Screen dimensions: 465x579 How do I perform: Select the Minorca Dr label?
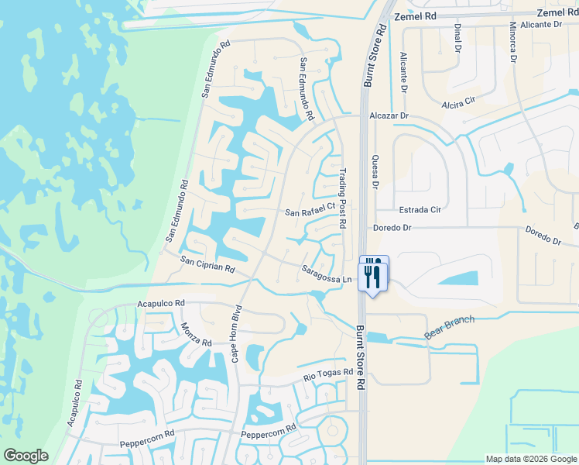pyautogui.click(x=512, y=41)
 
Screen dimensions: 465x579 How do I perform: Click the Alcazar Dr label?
pyautogui.click(x=389, y=115)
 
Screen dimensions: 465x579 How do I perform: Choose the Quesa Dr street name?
pyautogui.click(x=375, y=170)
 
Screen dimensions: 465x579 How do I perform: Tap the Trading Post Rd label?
pyautogui.click(x=342, y=199)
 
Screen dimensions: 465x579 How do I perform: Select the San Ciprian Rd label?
pyautogui.click(x=207, y=265)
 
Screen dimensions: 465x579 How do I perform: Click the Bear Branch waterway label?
pyautogui.click(x=448, y=329)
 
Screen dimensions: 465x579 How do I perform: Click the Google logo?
pyautogui.click(x=26, y=456)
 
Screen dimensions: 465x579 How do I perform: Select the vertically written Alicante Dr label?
pyautogui.click(x=403, y=72)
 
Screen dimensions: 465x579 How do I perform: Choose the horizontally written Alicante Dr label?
pyautogui.click(x=540, y=25)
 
